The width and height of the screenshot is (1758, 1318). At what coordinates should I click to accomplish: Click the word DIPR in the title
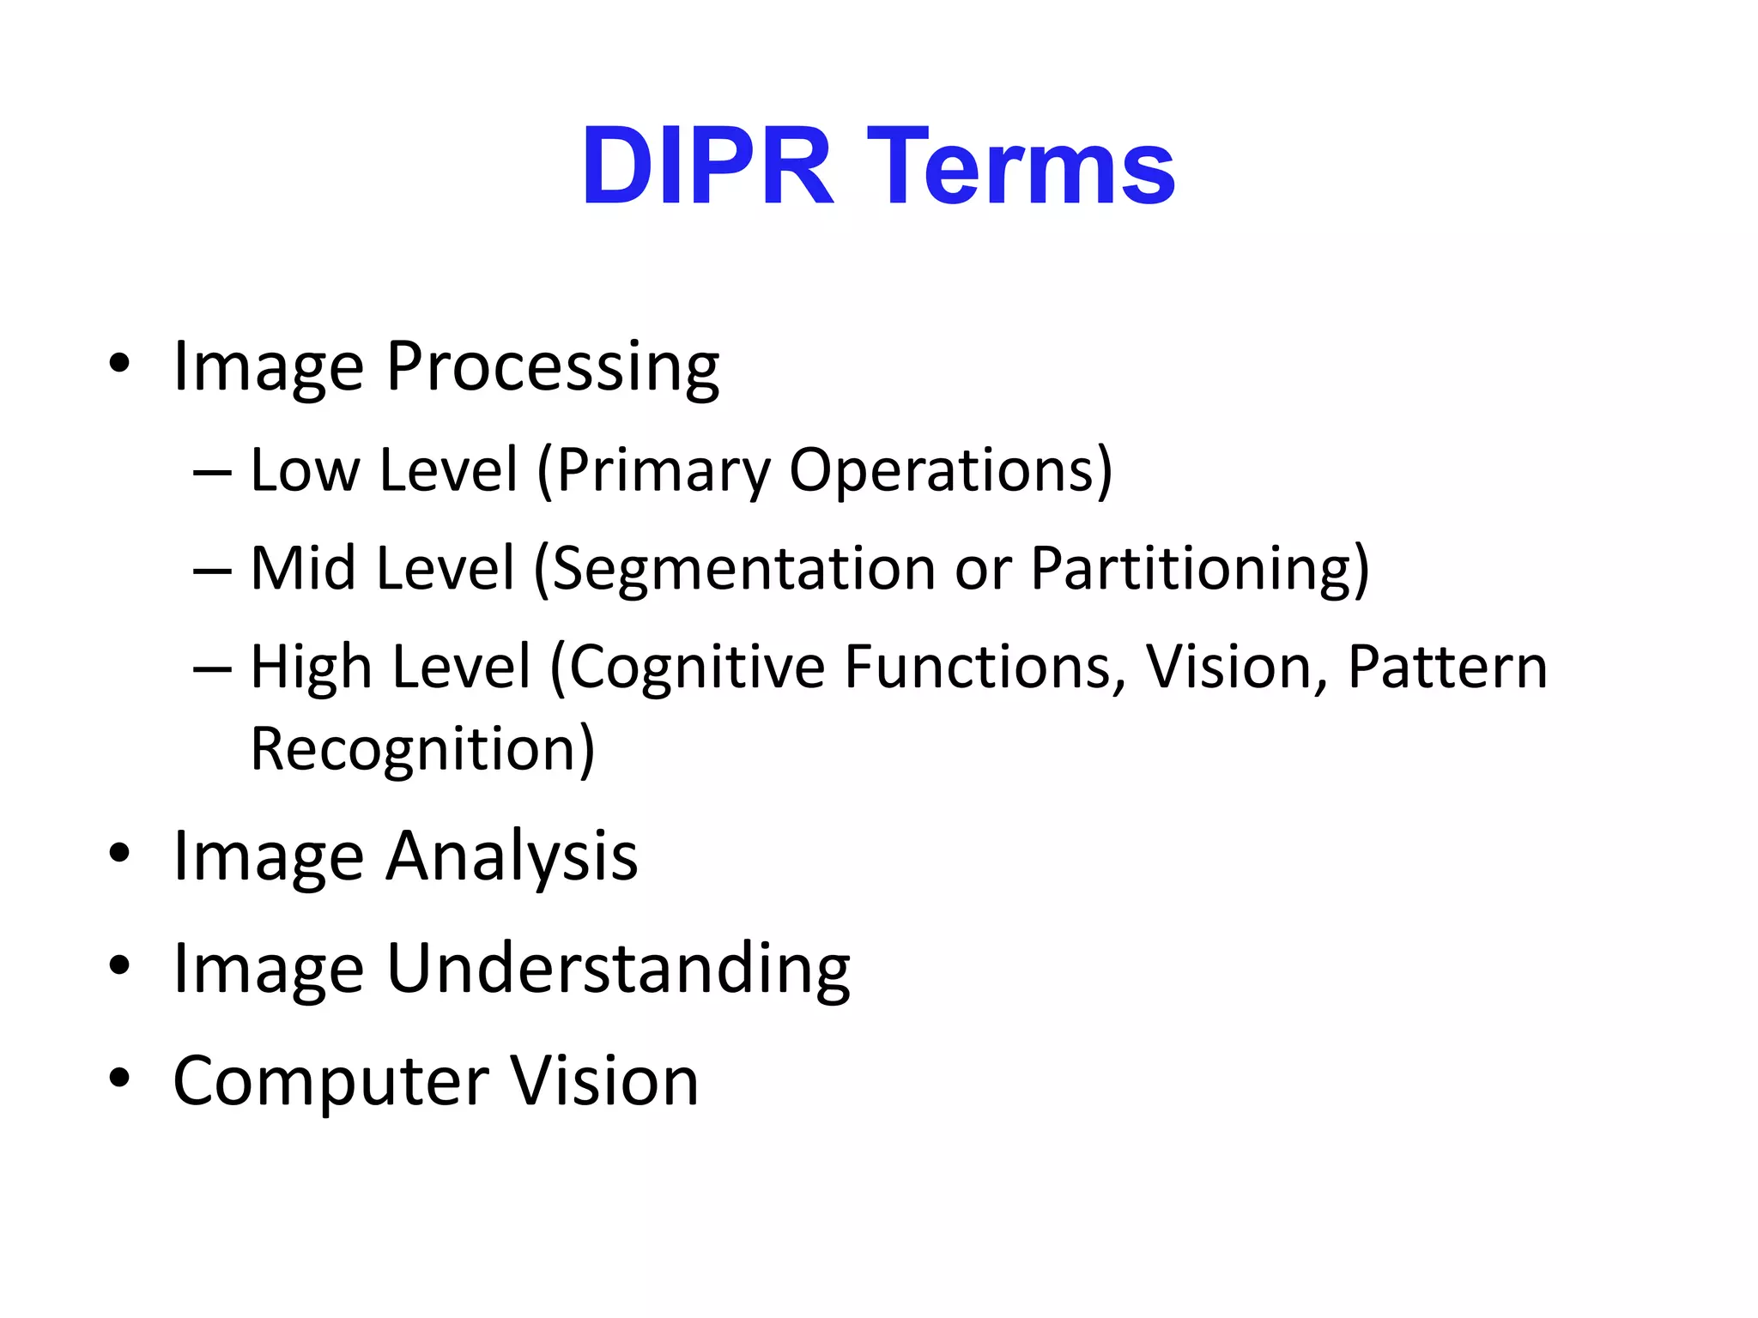tap(706, 166)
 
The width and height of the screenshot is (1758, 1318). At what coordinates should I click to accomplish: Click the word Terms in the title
tap(1021, 166)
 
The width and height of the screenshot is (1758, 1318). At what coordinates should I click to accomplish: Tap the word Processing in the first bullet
tap(552, 367)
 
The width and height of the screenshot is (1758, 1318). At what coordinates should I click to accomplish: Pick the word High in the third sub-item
tap(310, 668)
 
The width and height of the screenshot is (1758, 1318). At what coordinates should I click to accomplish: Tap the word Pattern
tap(1447, 668)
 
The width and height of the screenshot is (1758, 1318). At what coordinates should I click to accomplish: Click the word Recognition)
tap(422, 750)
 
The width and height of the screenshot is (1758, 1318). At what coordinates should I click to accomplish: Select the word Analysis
tap(512, 857)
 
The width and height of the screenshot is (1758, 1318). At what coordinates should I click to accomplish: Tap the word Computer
tap(330, 1081)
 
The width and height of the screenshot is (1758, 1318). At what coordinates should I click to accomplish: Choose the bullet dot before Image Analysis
tap(119, 853)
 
